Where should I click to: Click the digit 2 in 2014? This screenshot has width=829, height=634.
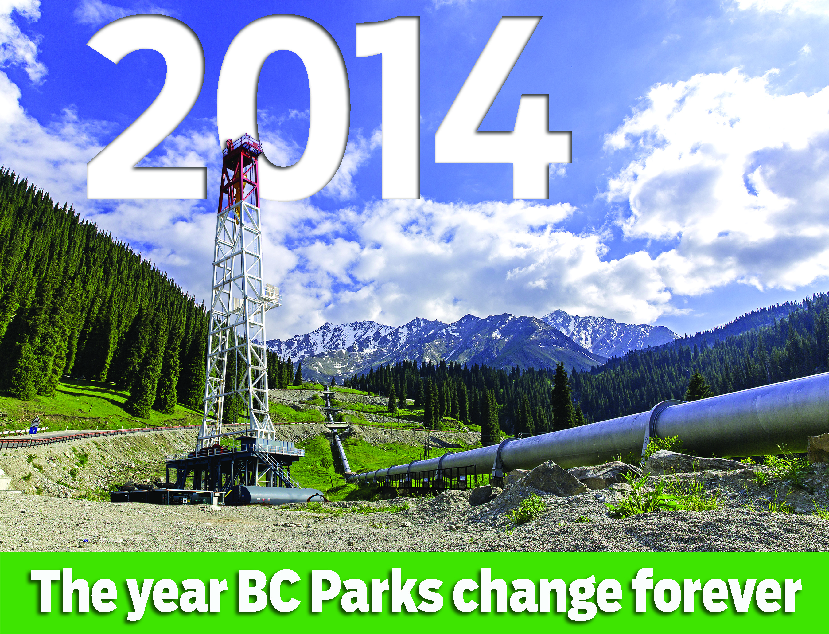pos(147,109)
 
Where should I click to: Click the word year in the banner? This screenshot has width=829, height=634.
pos(173,596)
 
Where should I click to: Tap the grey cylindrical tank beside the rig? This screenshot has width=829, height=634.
pos(275,495)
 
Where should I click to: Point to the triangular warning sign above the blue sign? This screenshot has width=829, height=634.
pos(35,421)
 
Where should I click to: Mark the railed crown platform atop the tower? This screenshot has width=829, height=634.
pos(243,145)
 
